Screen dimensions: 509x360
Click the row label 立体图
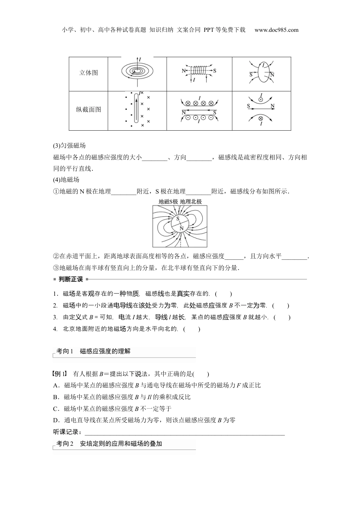(x=89, y=73)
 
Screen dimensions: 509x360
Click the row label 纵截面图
(x=89, y=109)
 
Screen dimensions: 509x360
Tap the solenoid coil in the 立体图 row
(x=199, y=70)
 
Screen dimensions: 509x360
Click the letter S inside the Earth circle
(x=177, y=219)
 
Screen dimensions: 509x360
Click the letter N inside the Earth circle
(x=182, y=228)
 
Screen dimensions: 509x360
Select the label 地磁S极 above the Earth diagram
(x=168, y=201)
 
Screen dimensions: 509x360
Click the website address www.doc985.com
(x=276, y=30)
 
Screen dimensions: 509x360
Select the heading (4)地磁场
(x=66, y=180)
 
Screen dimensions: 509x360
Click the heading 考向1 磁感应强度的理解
(x=93, y=351)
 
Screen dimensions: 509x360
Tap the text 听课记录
(x=67, y=432)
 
